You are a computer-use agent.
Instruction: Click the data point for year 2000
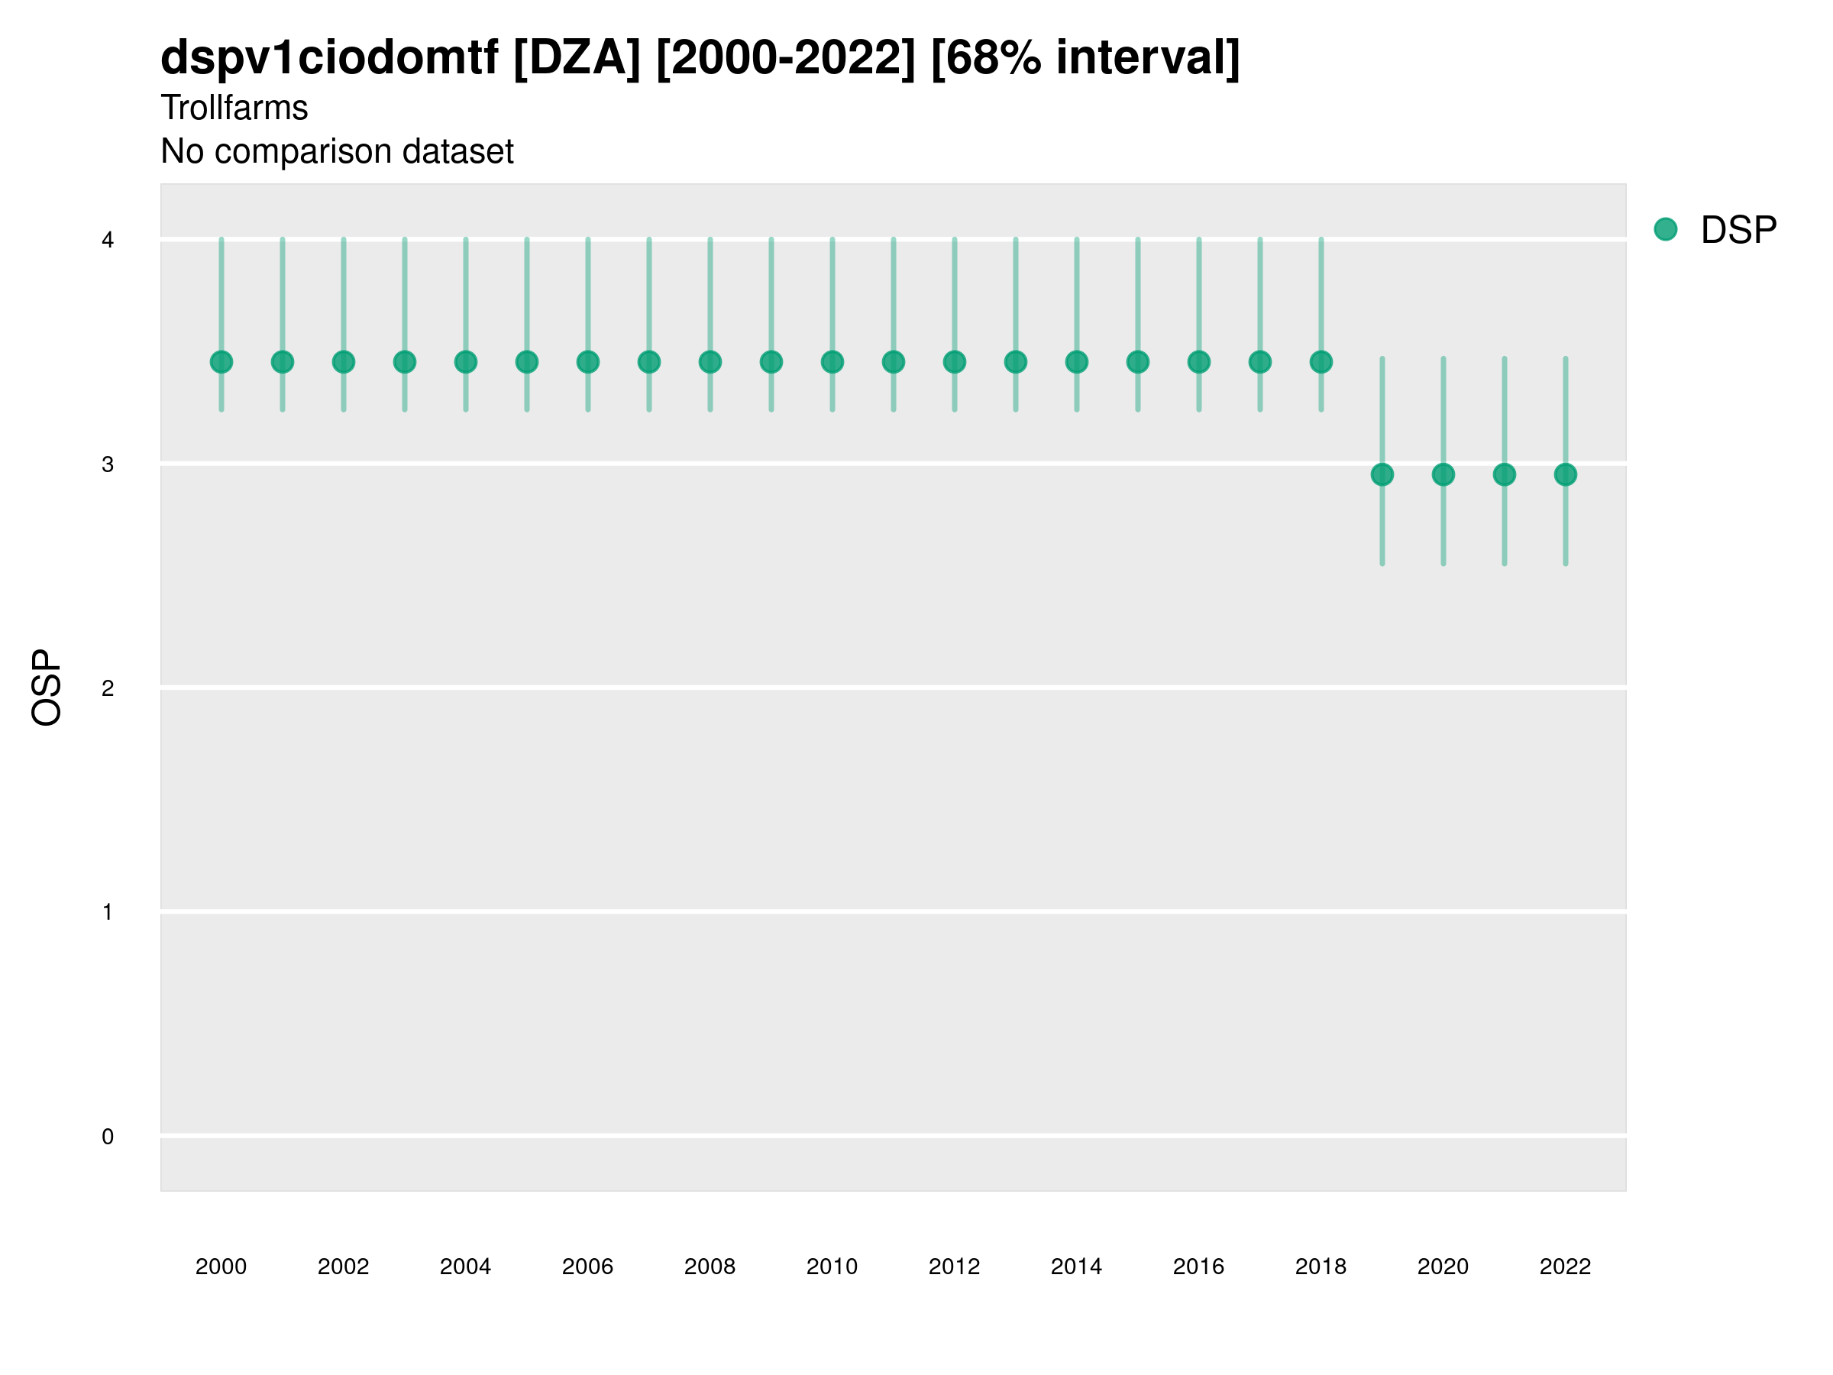(221, 362)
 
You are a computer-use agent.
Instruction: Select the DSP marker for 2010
(832, 362)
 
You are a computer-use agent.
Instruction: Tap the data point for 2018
(1321, 362)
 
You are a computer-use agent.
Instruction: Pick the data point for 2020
(1443, 475)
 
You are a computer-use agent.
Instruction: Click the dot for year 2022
(1566, 475)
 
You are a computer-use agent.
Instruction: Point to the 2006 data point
(587, 362)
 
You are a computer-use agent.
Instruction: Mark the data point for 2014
(1076, 362)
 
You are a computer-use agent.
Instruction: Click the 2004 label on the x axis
(465, 1267)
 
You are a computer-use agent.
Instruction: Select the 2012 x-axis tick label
(954, 1267)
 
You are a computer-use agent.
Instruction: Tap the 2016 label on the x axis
(1198, 1267)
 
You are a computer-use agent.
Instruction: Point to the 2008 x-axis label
(710, 1267)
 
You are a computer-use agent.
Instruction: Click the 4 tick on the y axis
(108, 241)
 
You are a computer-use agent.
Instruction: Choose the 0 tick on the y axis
(108, 1137)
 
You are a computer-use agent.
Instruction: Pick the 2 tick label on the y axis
(108, 688)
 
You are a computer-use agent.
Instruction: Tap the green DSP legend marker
(1665, 230)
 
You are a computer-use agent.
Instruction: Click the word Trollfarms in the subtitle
(234, 108)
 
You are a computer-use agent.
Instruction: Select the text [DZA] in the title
(577, 58)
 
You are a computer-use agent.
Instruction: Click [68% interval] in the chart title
(1085, 58)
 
